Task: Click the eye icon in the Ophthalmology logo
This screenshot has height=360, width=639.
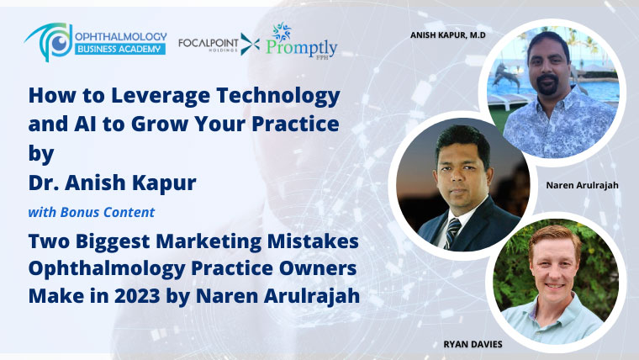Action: (x=61, y=42)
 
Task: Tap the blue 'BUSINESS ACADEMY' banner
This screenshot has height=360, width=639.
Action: (x=119, y=50)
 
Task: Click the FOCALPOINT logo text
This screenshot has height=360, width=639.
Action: (x=209, y=43)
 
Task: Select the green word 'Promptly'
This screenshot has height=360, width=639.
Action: (x=302, y=48)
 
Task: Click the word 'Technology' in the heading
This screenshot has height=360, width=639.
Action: (x=278, y=96)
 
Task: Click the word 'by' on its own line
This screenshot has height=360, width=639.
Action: (x=41, y=154)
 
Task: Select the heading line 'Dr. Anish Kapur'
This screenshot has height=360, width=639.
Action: (x=113, y=183)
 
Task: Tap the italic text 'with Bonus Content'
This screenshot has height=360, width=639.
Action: (x=92, y=212)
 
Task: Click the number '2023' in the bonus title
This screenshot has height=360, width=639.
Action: (x=137, y=296)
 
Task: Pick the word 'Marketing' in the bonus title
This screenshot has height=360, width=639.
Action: (x=209, y=241)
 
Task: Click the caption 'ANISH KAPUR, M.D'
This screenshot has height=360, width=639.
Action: (x=448, y=35)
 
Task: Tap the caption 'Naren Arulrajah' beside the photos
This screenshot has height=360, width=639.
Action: (x=583, y=186)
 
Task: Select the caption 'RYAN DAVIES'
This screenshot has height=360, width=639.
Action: (x=473, y=344)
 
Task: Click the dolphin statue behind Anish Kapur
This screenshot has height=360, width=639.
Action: (x=506, y=77)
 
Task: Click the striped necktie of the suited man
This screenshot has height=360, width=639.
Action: (x=453, y=232)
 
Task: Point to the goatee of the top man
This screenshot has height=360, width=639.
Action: (x=547, y=85)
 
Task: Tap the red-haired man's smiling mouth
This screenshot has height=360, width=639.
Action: (x=556, y=286)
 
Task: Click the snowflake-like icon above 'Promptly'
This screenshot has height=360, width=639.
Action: (x=281, y=32)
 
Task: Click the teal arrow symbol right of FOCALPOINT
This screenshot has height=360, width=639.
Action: (x=250, y=44)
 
